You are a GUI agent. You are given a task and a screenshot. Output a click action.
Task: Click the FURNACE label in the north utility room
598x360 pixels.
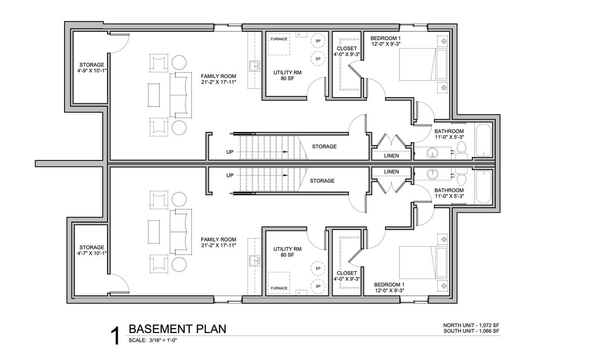click(x=279, y=39)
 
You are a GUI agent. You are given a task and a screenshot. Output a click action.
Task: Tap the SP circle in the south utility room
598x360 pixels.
click(x=318, y=286)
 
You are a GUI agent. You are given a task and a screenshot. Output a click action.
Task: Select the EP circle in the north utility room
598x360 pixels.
click(x=318, y=59)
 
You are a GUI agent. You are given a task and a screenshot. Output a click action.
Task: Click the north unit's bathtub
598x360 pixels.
click(x=484, y=140)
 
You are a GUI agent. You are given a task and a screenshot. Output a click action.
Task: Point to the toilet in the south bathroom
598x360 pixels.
click(x=461, y=177)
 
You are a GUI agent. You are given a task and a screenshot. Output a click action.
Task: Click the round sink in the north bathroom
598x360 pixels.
click(x=432, y=153)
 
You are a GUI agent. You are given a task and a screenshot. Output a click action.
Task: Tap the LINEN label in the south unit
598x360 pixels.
click(x=392, y=172)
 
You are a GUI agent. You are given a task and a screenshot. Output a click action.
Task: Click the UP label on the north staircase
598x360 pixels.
click(x=230, y=152)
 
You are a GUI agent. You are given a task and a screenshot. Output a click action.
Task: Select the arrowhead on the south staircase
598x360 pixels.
click(x=285, y=175)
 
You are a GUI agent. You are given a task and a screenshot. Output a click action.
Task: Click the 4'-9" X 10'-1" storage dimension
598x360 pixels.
click(x=92, y=71)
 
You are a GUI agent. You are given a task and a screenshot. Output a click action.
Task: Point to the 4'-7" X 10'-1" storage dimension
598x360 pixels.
click(x=92, y=253)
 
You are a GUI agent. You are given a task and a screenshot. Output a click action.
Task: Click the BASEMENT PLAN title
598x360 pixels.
click(x=178, y=329)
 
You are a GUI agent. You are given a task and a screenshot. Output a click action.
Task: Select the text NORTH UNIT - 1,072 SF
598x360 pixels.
click(x=471, y=325)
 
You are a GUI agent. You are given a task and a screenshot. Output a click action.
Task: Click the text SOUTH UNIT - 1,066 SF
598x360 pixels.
click(x=471, y=331)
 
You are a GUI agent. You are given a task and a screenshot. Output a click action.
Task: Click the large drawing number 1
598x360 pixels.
click(x=115, y=337)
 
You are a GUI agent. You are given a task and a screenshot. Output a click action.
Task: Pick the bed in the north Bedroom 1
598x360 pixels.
click(x=423, y=65)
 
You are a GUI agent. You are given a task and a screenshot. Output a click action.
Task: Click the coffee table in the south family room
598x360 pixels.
click(x=154, y=232)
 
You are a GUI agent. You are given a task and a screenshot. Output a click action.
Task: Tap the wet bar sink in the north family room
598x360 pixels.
click(x=255, y=66)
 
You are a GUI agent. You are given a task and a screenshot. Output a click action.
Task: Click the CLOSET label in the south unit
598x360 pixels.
click(x=347, y=273)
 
